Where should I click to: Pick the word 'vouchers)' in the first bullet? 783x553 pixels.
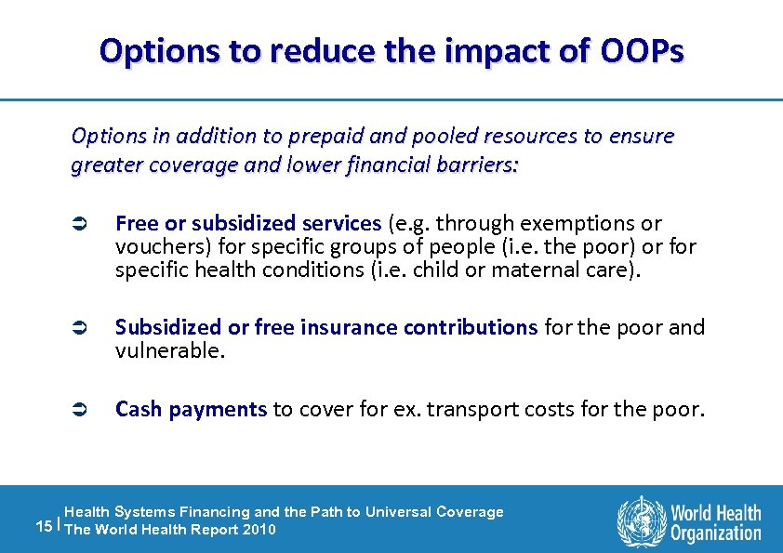155,246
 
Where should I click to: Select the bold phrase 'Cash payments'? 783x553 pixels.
192,409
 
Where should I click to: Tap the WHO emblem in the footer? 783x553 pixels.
642,520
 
